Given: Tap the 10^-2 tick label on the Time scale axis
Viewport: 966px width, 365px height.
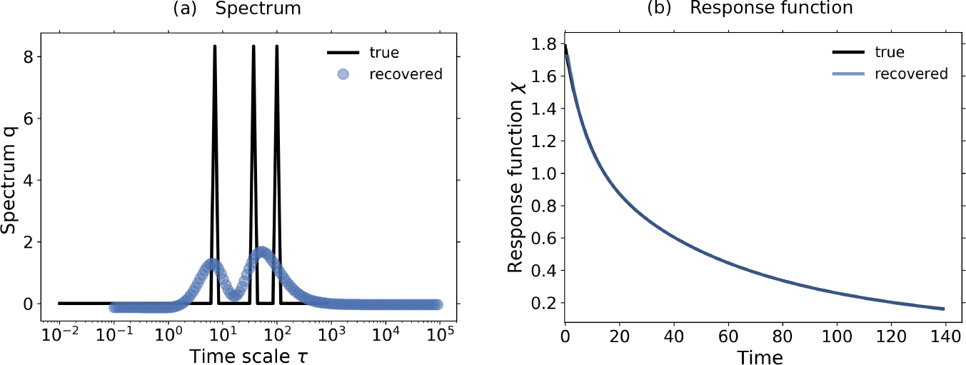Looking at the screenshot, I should (59, 333).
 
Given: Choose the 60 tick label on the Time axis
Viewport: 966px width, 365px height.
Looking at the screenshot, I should (728, 333).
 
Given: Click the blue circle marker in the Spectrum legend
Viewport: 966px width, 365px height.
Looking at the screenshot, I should (343, 74).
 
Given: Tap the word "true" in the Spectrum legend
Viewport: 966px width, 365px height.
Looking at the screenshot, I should (385, 52).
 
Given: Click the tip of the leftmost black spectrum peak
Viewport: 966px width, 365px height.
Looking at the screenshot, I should (214, 46).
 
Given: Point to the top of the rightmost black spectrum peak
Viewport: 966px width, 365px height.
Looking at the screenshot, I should (276, 46).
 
